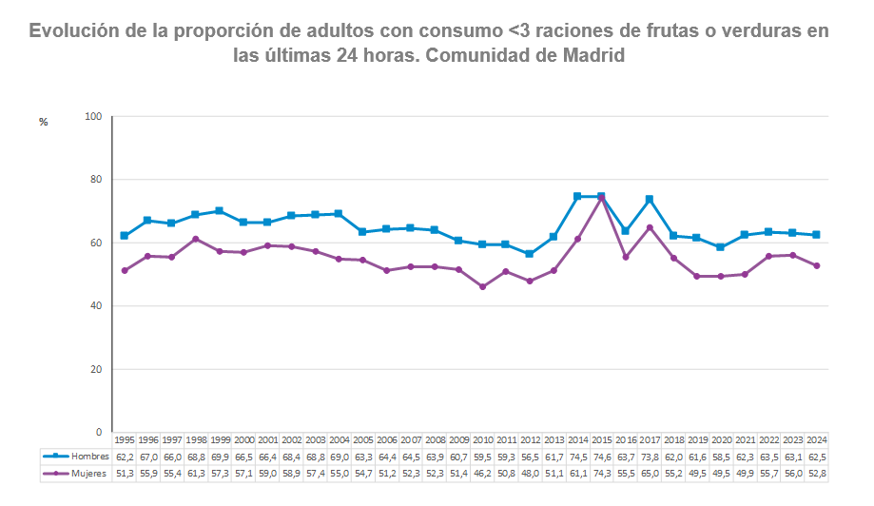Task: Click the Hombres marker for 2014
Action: (x=577, y=197)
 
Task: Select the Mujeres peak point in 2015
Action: (x=601, y=198)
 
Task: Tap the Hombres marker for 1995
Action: (x=124, y=236)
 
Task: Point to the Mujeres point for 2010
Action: (x=482, y=286)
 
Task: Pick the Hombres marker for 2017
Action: (x=649, y=199)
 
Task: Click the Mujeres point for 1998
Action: (x=195, y=239)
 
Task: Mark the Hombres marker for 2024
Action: (x=816, y=235)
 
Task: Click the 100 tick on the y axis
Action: (x=92, y=117)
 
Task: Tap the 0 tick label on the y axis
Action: (x=98, y=433)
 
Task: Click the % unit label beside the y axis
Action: (x=43, y=122)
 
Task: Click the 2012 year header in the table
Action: (x=530, y=440)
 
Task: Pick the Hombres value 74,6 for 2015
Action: (x=601, y=457)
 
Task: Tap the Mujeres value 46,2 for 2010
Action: (x=482, y=472)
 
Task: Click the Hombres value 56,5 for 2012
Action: (x=530, y=457)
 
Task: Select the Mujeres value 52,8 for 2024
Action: (x=816, y=472)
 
